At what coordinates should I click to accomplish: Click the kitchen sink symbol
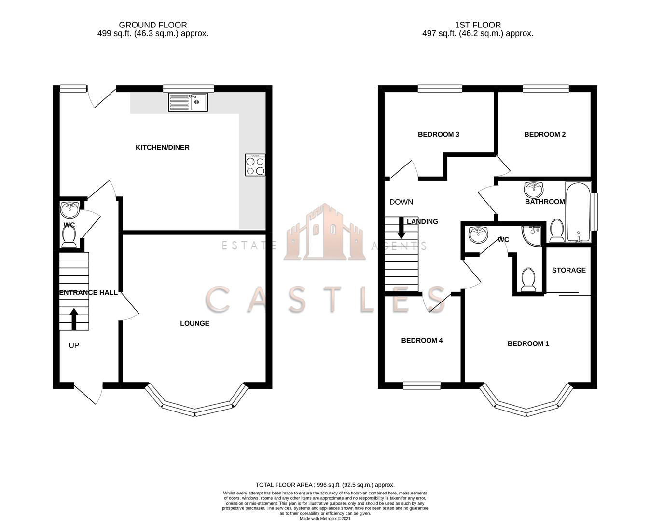coord(188,102)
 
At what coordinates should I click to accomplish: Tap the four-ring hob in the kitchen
coord(255,165)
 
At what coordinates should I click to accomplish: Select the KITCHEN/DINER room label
coord(162,147)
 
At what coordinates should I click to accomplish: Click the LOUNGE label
coord(194,323)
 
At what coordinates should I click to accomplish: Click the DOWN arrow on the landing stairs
coord(401,228)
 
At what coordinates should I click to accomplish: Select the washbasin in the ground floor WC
coord(70,210)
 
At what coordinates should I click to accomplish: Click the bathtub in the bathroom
coord(578,212)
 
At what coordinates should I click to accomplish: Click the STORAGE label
coord(568,270)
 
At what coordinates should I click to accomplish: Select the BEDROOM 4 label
coord(422,340)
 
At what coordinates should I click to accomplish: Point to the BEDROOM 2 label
coord(545,134)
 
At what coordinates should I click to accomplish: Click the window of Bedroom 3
coord(440,88)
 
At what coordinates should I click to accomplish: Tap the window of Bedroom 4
coord(422,385)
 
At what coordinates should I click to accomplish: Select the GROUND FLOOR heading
coord(152,25)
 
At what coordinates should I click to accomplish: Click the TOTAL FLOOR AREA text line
coord(325,485)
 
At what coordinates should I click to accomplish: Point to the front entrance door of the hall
coord(89,393)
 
